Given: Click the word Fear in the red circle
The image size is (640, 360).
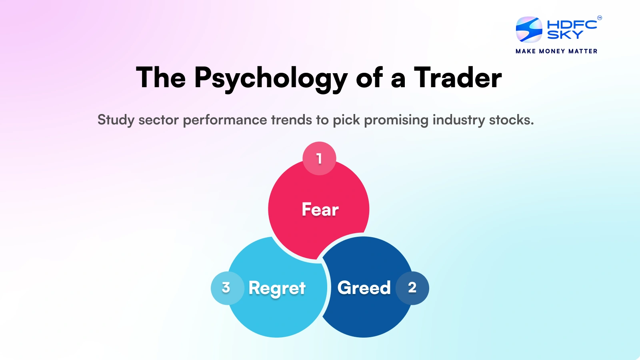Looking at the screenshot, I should [320, 210].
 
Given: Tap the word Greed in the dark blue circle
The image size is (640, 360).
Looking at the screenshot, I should [364, 288].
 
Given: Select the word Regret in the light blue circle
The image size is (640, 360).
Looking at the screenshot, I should [277, 288].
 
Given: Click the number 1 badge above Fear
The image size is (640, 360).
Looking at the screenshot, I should [319, 159].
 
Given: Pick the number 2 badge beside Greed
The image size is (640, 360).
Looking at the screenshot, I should [412, 288].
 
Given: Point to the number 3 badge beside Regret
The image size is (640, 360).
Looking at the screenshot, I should [226, 288].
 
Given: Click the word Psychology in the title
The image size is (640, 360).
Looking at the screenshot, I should [271, 78].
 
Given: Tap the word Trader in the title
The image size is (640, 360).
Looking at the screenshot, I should [458, 78].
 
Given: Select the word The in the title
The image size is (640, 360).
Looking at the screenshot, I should [161, 78].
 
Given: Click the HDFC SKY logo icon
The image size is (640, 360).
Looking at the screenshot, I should [529, 30].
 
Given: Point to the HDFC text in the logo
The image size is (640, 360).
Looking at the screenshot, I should [572, 25].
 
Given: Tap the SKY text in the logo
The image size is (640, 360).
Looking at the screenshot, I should [565, 35].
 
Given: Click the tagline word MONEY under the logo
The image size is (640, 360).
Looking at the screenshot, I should [552, 51].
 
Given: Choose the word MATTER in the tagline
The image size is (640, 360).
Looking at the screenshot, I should [583, 51].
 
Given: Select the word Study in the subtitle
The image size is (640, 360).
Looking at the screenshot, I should [116, 120].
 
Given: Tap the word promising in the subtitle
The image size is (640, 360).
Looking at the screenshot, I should [396, 120].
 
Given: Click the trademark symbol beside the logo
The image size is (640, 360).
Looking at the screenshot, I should [600, 18].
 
